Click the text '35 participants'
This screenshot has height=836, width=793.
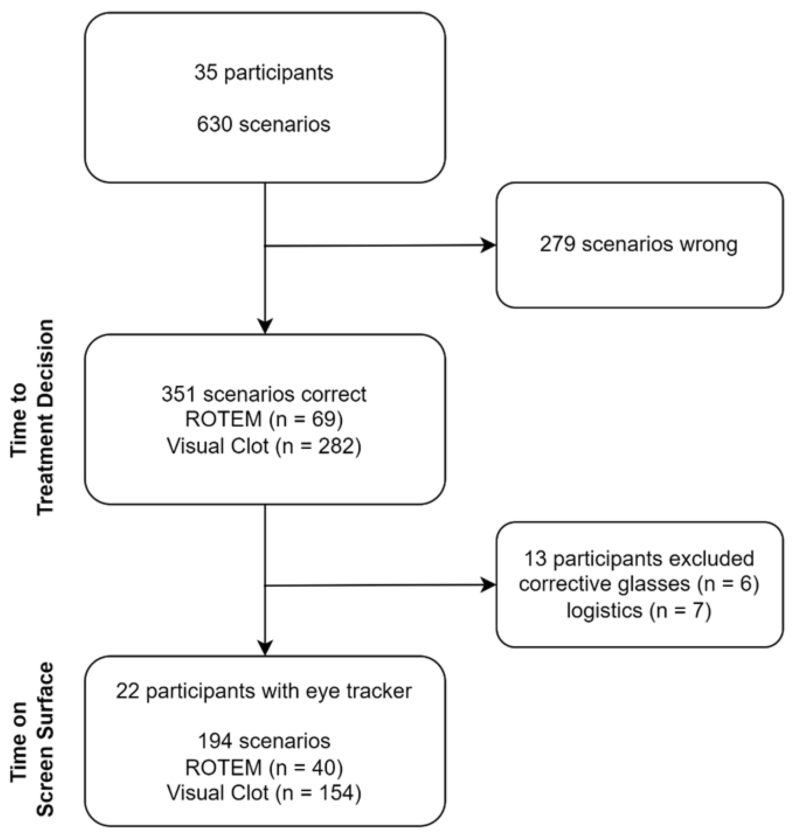(x=264, y=72)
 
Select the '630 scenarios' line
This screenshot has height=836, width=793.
(x=264, y=124)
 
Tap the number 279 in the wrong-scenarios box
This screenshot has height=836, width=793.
(x=557, y=244)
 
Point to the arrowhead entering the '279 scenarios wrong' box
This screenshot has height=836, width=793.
(x=489, y=245)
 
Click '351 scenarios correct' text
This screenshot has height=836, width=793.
(x=264, y=394)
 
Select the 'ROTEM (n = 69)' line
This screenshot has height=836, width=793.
(x=264, y=419)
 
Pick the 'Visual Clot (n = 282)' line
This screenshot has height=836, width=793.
(x=264, y=446)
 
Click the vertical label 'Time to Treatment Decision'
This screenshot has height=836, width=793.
(x=33, y=417)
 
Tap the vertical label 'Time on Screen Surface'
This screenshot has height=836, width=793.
(x=33, y=740)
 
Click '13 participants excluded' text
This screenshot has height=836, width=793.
(x=639, y=559)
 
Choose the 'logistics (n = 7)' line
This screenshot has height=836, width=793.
(x=639, y=610)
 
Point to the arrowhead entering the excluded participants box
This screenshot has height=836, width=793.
(x=489, y=585)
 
